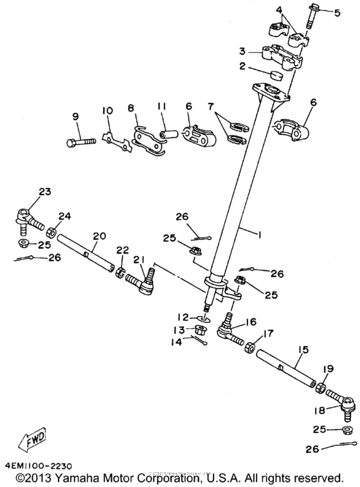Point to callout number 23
pos(26,191)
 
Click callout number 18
pos(319,409)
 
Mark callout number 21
pos(136,260)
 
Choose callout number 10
pos(106,111)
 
